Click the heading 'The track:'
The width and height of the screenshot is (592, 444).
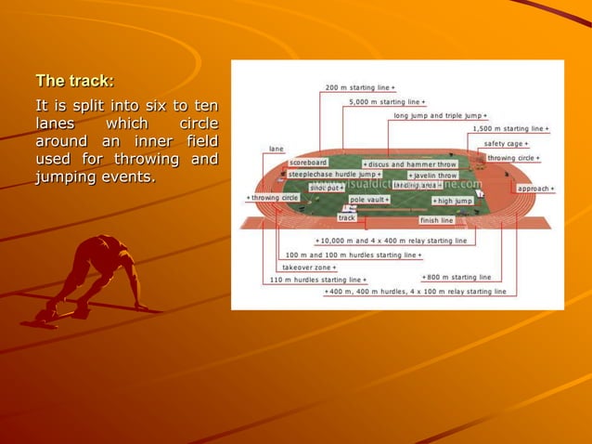(x=75, y=80)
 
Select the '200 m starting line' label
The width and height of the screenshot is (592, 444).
(x=360, y=87)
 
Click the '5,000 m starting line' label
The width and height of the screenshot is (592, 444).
(x=388, y=101)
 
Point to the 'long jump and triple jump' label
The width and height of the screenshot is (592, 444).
(x=440, y=115)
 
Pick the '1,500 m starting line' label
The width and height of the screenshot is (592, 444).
(x=509, y=128)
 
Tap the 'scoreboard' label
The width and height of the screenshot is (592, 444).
(x=307, y=163)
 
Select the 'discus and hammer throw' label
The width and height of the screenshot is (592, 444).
(x=409, y=163)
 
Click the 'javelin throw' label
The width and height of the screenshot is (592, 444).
(x=432, y=175)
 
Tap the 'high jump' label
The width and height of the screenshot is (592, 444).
(x=453, y=200)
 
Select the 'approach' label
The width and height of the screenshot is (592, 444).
(x=536, y=189)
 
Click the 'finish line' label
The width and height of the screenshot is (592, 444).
(x=436, y=221)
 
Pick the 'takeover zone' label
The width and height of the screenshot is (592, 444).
(x=310, y=267)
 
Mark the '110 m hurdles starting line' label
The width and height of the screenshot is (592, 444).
(x=317, y=279)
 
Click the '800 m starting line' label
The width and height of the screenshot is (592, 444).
(x=457, y=277)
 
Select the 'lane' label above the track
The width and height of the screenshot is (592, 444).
(x=277, y=149)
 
